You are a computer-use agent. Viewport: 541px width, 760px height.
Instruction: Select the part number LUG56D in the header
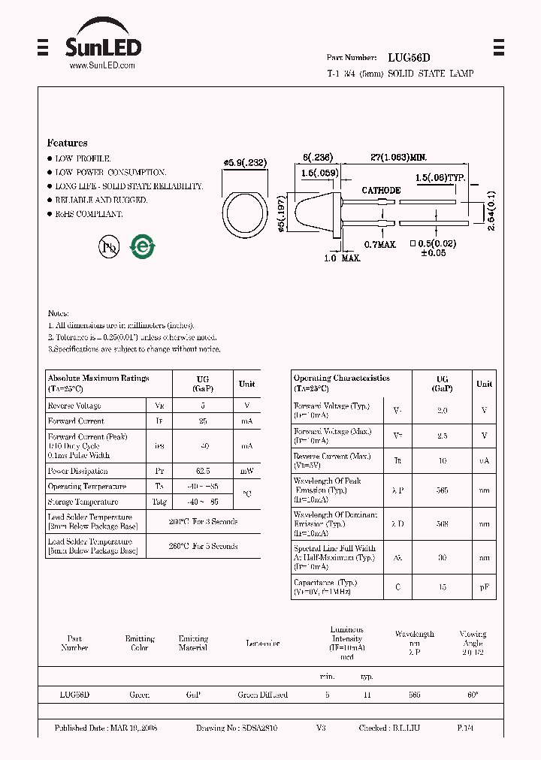409,57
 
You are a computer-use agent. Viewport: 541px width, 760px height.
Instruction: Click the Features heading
67,143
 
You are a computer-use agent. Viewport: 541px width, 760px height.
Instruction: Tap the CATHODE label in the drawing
381,191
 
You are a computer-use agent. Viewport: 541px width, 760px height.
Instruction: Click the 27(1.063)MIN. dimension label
399,157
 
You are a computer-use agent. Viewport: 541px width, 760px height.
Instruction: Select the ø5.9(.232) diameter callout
246,163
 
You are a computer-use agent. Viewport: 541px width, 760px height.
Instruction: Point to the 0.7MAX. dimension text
379,245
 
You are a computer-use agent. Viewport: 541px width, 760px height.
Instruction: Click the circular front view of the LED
244,219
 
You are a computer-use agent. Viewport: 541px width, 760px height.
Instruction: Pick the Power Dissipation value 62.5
204,471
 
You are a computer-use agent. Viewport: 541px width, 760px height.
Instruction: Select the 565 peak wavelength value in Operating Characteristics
442,490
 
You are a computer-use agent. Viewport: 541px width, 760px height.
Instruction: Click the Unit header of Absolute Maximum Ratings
246,384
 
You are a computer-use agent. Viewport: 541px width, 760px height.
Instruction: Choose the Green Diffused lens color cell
262,695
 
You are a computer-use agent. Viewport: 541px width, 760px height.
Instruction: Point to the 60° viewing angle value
473,695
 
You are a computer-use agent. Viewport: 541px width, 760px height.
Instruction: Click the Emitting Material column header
193,643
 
